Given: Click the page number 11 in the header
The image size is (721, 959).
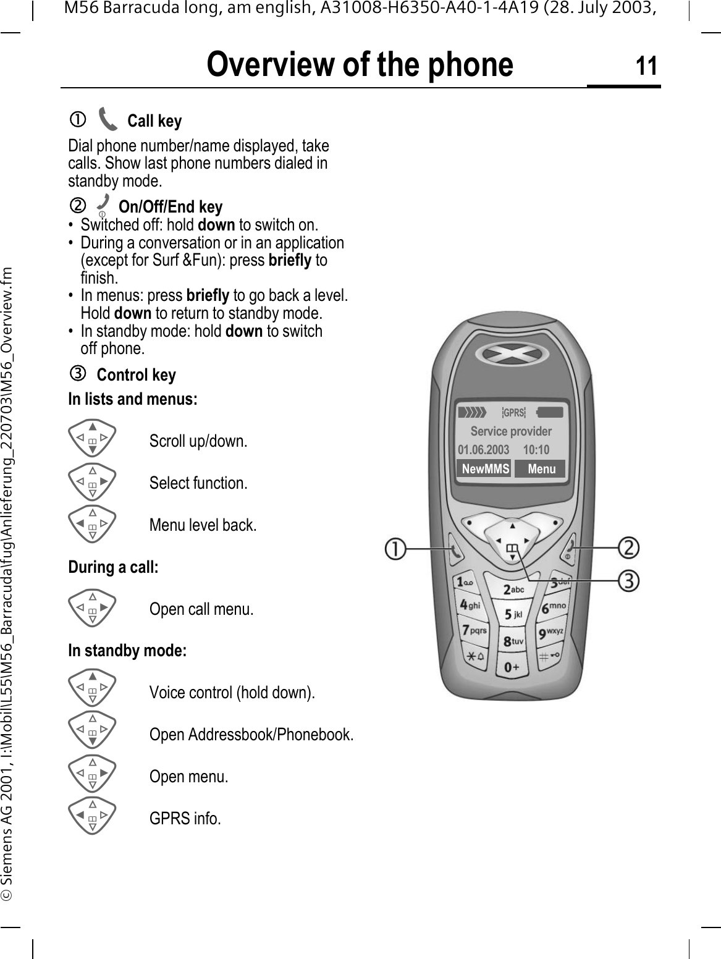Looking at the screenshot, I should pos(646,65).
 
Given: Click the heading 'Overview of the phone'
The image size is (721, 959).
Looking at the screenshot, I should pos(360,65).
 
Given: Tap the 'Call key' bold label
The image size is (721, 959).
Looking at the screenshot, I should pos(154,121).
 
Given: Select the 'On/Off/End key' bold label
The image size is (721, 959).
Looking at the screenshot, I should pos(171,206).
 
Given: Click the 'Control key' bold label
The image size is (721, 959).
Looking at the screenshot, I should pos(137,375).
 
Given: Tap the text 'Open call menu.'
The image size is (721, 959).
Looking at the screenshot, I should pos(201,609).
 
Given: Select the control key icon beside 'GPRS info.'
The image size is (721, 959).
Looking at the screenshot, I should pos(92,816).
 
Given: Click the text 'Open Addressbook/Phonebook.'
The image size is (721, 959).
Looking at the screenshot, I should pos(251,735).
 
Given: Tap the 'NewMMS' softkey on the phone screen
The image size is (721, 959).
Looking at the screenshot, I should pos(485,469).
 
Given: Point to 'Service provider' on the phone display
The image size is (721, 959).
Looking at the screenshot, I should pos(511,431).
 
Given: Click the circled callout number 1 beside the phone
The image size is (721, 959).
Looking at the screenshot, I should pos(397,548).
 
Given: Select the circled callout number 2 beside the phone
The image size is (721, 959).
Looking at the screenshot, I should pos(630,547).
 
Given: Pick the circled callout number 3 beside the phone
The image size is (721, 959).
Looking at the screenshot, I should pos(630,581).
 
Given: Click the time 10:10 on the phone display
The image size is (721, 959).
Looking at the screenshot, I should pos(536,450).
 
